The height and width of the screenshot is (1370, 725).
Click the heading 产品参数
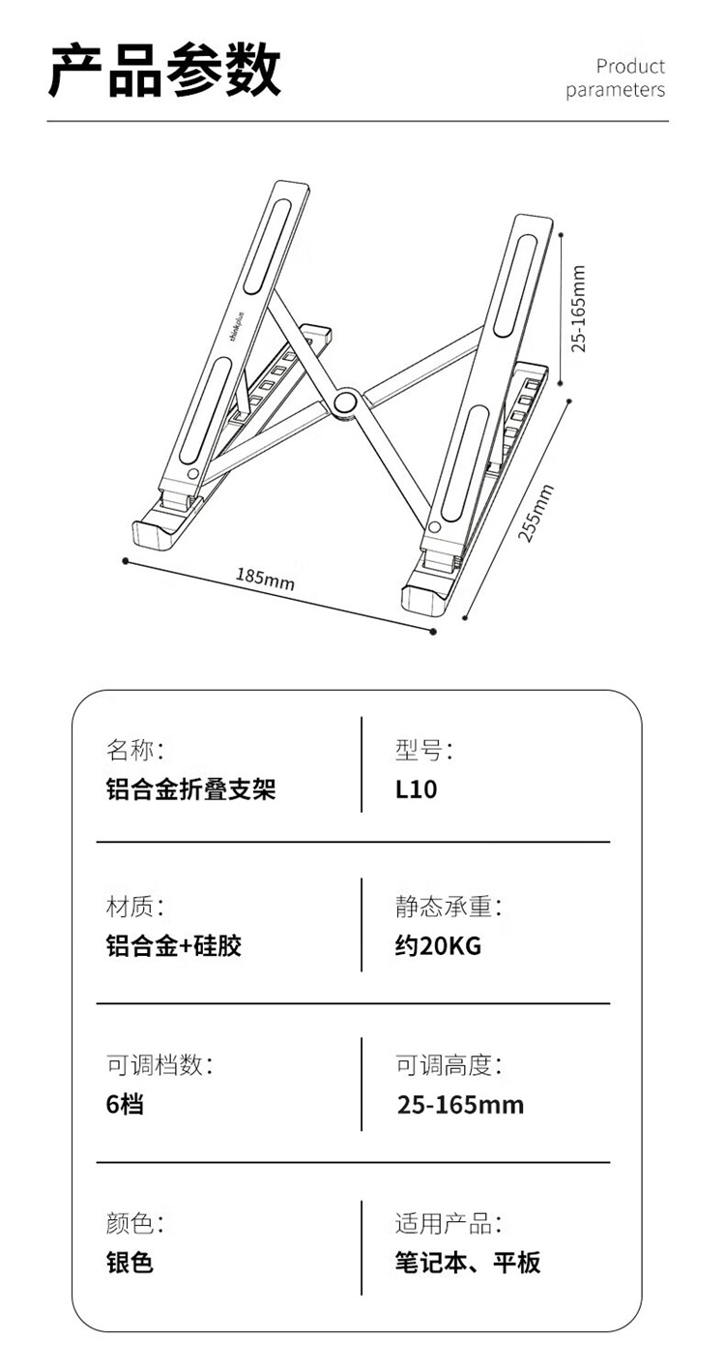click(164, 71)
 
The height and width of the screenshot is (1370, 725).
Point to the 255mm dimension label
click(536, 513)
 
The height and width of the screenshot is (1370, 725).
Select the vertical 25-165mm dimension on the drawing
click(578, 309)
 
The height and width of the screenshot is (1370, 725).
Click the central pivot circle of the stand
click(344, 402)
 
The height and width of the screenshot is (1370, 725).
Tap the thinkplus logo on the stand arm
click(238, 328)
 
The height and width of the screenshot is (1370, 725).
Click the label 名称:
click(134, 749)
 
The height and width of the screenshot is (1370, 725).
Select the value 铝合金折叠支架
click(190, 789)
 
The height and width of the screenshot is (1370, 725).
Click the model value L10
click(417, 789)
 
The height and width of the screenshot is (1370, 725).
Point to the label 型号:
click(424, 749)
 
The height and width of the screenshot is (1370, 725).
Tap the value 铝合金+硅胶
click(174, 945)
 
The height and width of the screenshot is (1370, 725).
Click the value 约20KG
click(438, 945)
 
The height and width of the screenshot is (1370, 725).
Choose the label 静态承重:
click(449, 907)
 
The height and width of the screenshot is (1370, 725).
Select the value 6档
click(125, 1104)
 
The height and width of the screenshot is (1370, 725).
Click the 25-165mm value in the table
click(460, 1104)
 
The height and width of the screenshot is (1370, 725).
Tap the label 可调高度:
click(449, 1065)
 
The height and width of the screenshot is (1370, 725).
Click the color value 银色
click(130, 1263)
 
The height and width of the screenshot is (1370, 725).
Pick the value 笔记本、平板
click(468, 1263)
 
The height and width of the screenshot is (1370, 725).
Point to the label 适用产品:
click(449, 1224)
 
